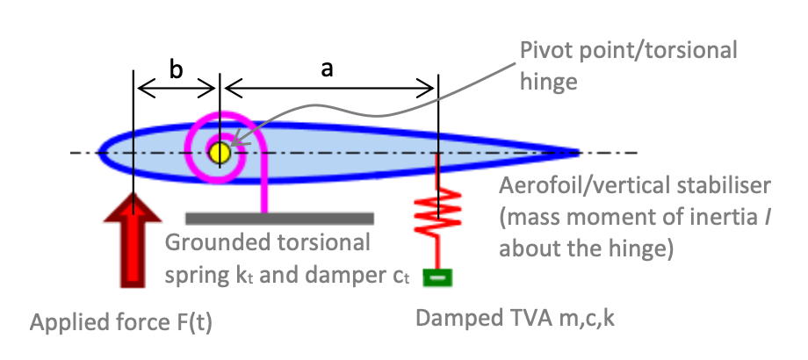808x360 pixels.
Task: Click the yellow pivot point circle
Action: click(x=219, y=152)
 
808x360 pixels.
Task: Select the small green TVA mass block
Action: click(x=436, y=278)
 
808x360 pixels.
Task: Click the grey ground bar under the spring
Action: click(x=279, y=217)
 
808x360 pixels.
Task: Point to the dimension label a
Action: click(x=327, y=70)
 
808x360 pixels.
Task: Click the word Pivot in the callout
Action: click(x=544, y=50)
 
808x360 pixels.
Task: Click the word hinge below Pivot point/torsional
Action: click(x=550, y=82)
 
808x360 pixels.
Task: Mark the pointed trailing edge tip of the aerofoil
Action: click(x=579, y=153)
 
